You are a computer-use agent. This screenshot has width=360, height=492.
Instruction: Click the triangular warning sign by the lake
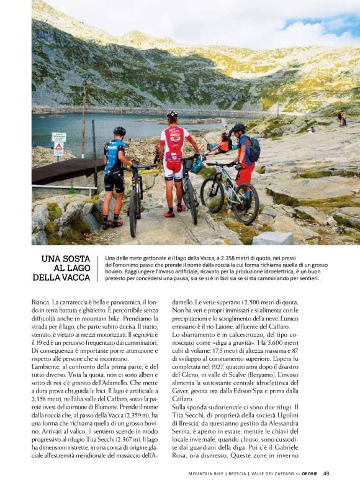pos(58,148)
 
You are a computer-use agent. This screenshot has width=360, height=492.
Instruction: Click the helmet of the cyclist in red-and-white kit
pos(172,116)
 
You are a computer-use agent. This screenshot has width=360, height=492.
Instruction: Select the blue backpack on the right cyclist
pos(253,149)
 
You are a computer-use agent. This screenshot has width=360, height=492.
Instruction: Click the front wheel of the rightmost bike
pos(245,203)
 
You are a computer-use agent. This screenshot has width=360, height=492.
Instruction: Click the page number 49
pos(326,473)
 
